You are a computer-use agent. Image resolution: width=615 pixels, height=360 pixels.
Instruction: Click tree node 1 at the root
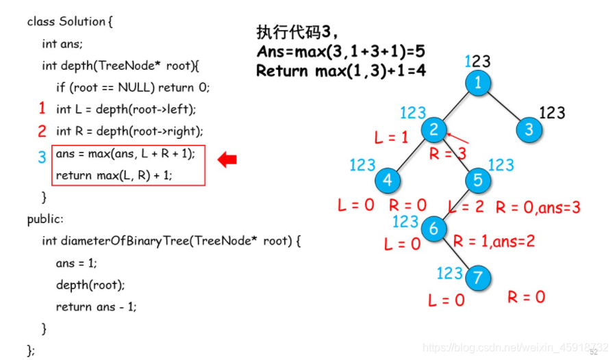click(x=479, y=83)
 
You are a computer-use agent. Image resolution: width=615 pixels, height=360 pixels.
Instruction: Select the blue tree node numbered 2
click(x=434, y=130)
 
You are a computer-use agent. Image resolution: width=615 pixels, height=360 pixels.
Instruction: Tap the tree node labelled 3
click(x=528, y=130)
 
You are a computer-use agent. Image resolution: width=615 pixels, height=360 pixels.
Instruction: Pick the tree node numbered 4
click(x=388, y=180)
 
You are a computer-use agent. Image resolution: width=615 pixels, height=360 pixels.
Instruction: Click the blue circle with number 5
click(x=478, y=180)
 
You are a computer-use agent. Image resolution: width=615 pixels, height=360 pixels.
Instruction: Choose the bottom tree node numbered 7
click(x=478, y=278)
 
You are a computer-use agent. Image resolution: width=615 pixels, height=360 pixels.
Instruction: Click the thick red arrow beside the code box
click(x=227, y=160)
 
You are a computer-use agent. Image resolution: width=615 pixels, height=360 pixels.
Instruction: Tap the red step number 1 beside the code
click(x=42, y=108)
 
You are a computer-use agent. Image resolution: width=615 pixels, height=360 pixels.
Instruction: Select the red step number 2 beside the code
click(x=42, y=131)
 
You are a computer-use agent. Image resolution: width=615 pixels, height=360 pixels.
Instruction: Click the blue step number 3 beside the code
click(x=42, y=157)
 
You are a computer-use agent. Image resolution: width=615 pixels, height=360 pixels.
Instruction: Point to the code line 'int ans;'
click(x=62, y=44)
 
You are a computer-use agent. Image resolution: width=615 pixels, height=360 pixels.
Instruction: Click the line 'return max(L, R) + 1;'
click(x=114, y=175)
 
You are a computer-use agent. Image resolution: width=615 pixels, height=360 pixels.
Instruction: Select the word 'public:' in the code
click(x=45, y=219)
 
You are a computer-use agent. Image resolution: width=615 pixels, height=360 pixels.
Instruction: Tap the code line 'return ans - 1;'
click(x=96, y=307)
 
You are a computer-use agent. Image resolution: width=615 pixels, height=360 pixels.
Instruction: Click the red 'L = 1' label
click(x=391, y=138)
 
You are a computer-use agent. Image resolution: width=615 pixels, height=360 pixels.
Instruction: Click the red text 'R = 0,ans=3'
click(x=538, y=207)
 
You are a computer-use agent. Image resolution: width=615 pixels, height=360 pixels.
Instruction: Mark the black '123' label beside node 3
click(x=552, y=112)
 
